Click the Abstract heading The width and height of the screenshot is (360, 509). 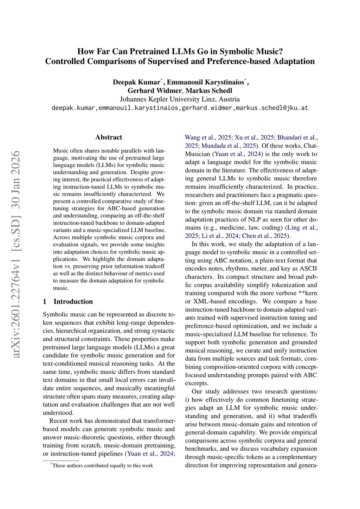click(109, 137)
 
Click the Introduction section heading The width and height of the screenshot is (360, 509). click(73, 302)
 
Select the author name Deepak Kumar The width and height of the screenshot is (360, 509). click(136, 82)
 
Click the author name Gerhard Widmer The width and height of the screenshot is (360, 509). click(155, 91)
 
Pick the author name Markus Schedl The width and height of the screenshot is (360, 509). click(209, 91)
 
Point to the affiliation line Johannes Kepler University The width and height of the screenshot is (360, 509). click(180, 99)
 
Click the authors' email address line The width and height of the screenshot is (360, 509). click(180, 108)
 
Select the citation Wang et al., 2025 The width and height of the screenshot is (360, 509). click(208, 137)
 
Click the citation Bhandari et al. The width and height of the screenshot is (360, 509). click(297, 137)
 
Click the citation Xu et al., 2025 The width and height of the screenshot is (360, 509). click(254, 137)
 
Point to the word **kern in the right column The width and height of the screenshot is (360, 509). click(307, 293)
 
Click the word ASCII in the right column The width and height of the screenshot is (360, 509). click(308, 269)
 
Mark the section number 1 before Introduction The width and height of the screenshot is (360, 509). click(45, 302)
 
